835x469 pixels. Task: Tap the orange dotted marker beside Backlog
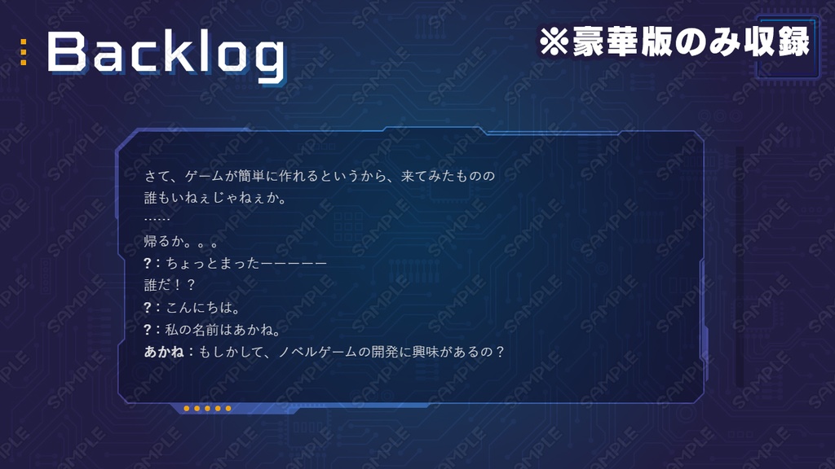[x=24, y=52]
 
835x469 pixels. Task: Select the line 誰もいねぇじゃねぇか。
[x=214, y=198]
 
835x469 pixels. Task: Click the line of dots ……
[x=157, y=220]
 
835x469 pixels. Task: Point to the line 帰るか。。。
[x=181, y=242]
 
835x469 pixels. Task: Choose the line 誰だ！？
[x=170, y=286]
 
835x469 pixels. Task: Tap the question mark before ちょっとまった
[x=148, y=264]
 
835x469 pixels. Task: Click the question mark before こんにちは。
[x=148, y=308]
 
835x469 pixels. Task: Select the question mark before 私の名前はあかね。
[x=148, y=330]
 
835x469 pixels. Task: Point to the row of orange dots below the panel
[x=207, y=408]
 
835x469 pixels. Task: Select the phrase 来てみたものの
[x=448, y=176]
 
